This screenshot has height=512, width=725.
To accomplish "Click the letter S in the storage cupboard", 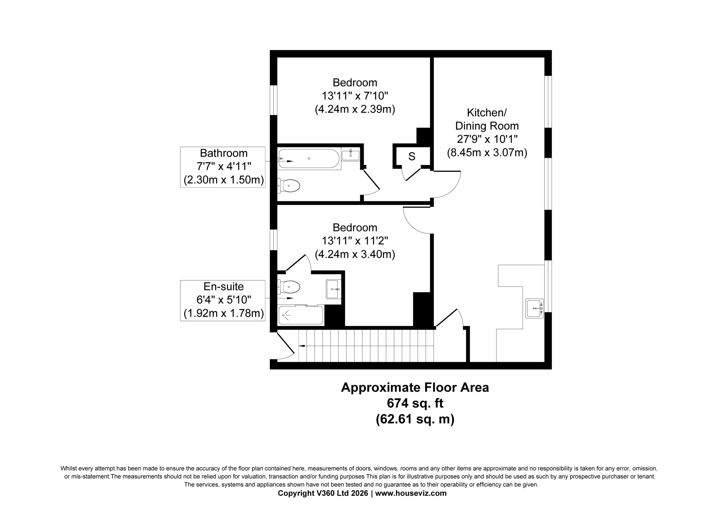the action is point(412,156).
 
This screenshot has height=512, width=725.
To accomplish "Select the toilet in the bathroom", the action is point(289,186).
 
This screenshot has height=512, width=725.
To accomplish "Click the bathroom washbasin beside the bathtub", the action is point(351,154).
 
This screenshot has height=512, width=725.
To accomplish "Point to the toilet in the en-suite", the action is point(289,287).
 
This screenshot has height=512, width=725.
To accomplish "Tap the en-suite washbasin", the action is point(333,289).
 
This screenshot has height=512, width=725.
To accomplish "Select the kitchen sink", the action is point(535,308).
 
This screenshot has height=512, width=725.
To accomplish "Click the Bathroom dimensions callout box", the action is point(223,167).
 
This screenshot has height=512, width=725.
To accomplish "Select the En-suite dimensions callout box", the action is point(223,301).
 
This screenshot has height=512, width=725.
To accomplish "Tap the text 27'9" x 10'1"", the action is point(487,139).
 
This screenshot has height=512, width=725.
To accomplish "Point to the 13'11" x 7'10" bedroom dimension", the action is point(355,96).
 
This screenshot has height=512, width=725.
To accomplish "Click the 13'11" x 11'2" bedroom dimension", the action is point(355,241).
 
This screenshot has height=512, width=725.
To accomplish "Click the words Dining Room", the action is point(487,126).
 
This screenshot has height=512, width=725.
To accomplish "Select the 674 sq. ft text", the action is point(415,403).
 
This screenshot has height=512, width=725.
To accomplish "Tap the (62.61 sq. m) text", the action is point(415,419).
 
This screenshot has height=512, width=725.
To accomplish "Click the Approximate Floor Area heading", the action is point(415,387).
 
